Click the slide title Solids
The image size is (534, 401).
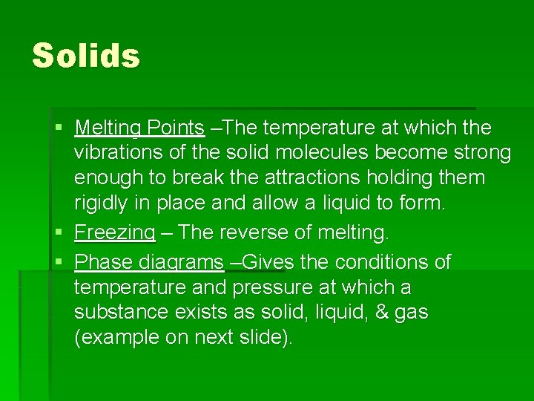coord(86,56)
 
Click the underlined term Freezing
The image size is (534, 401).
coord(115,233)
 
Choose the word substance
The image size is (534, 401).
coord(120,312)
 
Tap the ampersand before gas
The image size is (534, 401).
coord(380,312)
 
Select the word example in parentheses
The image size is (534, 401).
coord(115,338)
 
